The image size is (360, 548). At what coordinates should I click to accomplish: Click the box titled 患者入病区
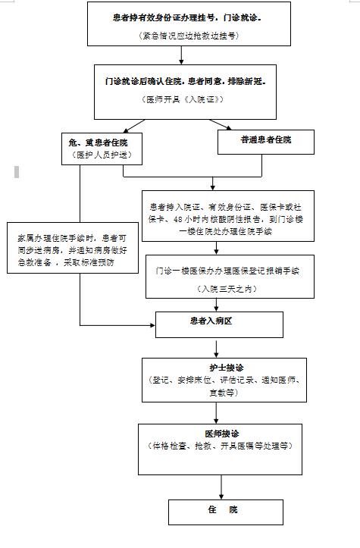point(211,321)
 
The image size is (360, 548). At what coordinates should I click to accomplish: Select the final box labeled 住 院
point(223,510)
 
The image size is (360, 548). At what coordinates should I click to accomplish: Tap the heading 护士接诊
point(223,367)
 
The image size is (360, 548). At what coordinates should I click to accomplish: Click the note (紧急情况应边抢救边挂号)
point(189,36)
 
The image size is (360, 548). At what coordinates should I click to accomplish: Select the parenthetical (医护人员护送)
point(95,155)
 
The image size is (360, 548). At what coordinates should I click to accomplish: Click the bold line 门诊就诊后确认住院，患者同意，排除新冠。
point(186,80)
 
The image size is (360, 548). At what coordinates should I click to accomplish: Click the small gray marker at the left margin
point(16,172)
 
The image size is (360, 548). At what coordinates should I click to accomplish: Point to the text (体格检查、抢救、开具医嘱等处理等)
point(223,446)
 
